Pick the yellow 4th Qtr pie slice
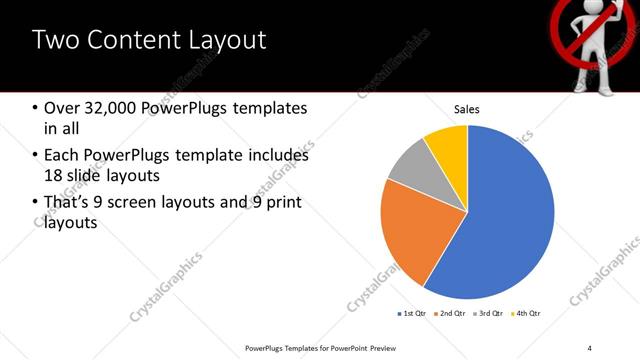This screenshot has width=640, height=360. [x=446, y=146]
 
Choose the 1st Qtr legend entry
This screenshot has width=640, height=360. [x=411, y=313]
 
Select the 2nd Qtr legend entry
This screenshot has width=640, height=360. [x=449, y=313]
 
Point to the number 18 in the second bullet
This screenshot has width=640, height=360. [x=54, y=176]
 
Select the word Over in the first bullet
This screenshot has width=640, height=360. [x=62, y=107]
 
